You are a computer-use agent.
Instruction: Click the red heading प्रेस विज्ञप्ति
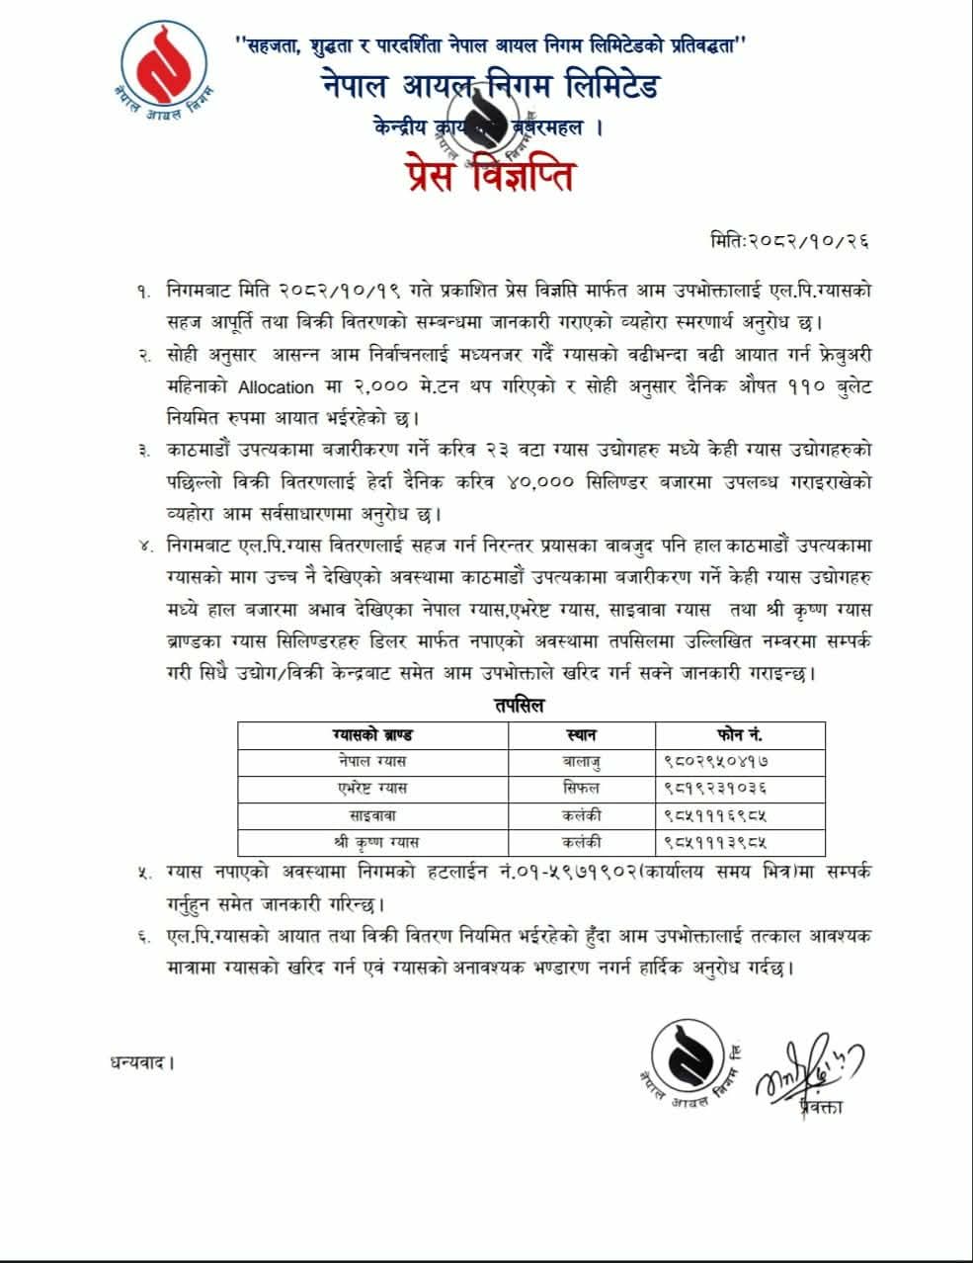[489, 177]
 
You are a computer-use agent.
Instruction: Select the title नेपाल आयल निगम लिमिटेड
[490, 88]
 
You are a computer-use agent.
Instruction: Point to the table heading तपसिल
[519, 705]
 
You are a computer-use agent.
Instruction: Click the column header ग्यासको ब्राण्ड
[372, 734]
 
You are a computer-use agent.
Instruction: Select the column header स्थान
[582, 734]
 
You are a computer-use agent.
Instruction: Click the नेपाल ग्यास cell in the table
[371, 761]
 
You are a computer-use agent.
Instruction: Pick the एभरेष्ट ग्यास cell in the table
[371, 788]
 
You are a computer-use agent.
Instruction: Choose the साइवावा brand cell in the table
[372, 815]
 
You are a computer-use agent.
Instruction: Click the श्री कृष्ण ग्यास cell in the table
[372, 842]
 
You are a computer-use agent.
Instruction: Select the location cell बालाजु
[582, 761]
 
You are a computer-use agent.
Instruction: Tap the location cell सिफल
[582, 788]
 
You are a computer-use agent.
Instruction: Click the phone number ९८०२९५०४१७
[716, 761]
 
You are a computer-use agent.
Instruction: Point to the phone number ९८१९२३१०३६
[716, 788]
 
